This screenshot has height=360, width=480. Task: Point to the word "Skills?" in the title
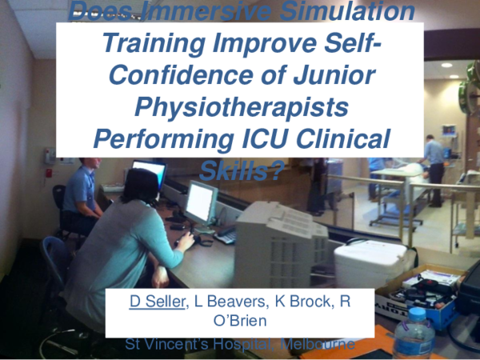(241, 168)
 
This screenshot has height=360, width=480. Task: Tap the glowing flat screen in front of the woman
(201, 201)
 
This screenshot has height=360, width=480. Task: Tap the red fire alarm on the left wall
(49, 171)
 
